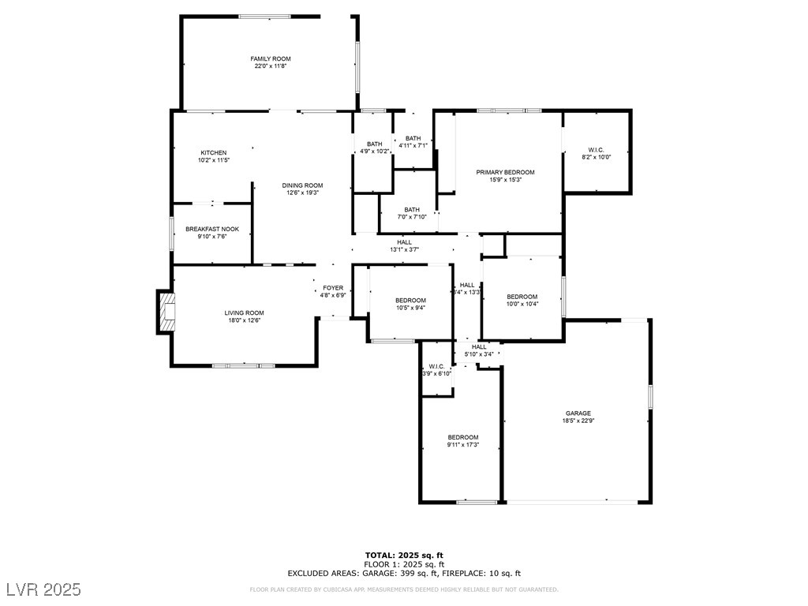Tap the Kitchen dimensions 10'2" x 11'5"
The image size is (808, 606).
(213, 160)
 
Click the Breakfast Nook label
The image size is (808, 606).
(212, 229)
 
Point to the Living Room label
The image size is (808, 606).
(244, 312)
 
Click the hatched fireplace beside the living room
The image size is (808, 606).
(166, 312)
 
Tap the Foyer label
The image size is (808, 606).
(333, 288)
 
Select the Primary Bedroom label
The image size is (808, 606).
(505, 172)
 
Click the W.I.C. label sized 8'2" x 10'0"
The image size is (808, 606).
(596, 149)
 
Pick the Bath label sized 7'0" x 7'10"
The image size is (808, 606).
(412, 210)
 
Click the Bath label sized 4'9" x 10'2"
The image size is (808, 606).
(374, 144)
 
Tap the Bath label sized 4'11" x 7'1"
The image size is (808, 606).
(413, 139)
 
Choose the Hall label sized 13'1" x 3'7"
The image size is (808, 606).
(404, 242)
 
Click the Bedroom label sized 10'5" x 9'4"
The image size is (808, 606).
(410, 300)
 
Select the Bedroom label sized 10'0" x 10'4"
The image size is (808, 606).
(522, 297)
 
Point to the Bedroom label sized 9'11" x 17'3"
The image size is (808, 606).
(463, 437)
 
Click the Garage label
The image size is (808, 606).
(578, 413)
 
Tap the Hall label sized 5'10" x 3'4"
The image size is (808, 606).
(479, 346)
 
